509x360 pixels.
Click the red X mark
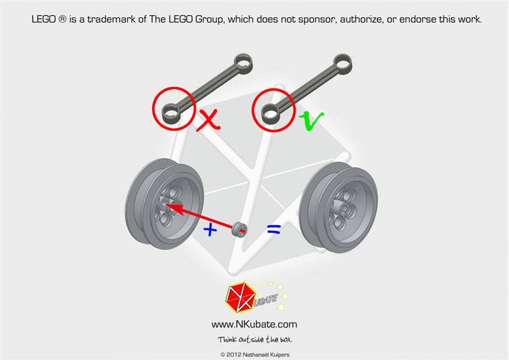208,120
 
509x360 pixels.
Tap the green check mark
310,120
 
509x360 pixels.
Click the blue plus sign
210,230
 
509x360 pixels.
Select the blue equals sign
274,230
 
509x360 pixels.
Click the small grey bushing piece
239,230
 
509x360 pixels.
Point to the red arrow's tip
165,205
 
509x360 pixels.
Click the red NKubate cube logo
240,297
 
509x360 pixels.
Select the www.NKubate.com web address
254,324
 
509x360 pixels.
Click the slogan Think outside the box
255,340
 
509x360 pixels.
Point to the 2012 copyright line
255,355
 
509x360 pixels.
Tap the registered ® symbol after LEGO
62,19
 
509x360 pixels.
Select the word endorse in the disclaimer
417,20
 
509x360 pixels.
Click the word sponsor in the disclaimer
316,20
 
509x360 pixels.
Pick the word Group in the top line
209,20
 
